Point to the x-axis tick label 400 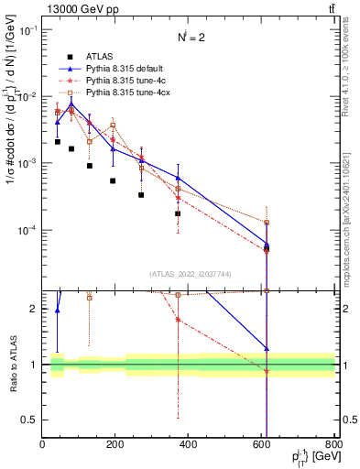(x=189, y=446)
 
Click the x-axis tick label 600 (x=262, y=446)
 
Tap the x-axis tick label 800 (x=333, y=446)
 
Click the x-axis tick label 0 (x=42, y=446)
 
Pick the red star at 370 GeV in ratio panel (x=177, y=320)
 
